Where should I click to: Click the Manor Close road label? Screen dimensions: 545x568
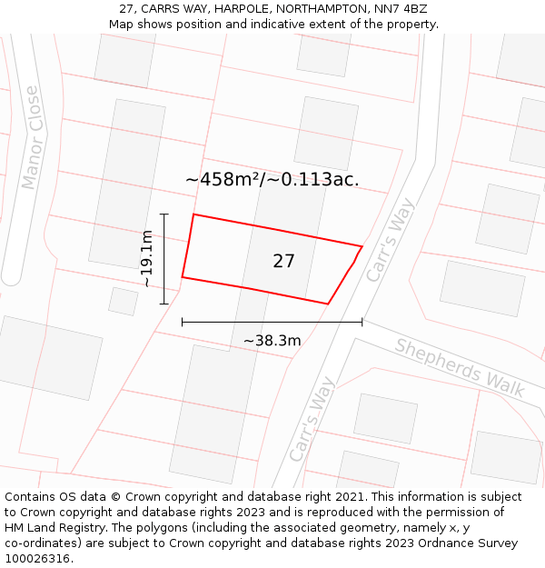pyautogui.click(x=32, y=137)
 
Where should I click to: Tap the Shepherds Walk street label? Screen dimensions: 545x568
pyautogui.click(x=460, y=366)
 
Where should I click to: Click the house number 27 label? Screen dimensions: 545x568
pyautogui.click(x=283, y=262)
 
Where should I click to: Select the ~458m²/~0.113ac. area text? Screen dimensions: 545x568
pyautogui.click(x=272, y=179)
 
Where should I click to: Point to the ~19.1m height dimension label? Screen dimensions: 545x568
pyautogui.click(x=146, y=259)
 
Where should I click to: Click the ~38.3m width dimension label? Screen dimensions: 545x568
pyautogui.click(x=272, y=341)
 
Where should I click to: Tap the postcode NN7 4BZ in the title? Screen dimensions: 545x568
pyautogui.click(x=401, y=9)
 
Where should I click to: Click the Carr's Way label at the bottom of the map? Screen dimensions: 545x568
pyautogui.click(x=312, y=420)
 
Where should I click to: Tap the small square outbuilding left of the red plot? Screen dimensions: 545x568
pyautogui.click(x=123, y=301)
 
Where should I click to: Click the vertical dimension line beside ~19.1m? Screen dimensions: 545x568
pyautogui.click(x=164, y=259)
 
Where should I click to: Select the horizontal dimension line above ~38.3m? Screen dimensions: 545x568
pyautogui.click(x=272, y=321)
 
